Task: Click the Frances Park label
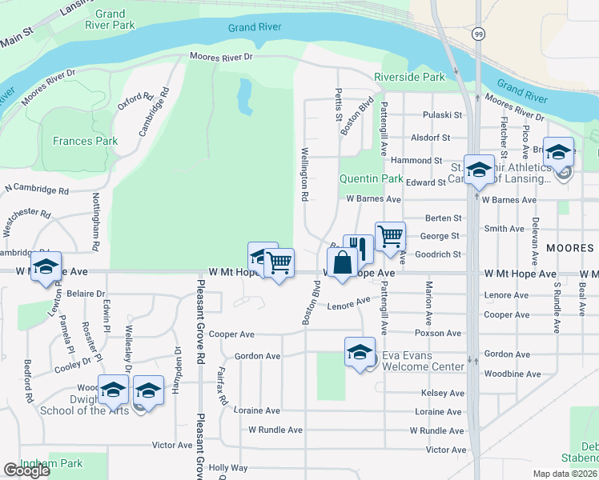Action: [x=85, y=141]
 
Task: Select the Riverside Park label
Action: [x=408, y=78]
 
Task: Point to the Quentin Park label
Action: [x=371, y=178]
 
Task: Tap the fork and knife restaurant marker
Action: [x=359, y=249]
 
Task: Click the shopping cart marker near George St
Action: [x=390, y=236]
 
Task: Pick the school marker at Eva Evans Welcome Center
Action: [x=360, y=351]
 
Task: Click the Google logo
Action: [x=26, y=470]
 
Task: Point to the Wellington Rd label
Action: [x=305, y=174]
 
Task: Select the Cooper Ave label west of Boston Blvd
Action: [x=232, y=334]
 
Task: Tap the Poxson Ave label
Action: [x=438, y=333]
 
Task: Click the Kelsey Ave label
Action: [x=442, y=394]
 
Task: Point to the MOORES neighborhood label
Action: [x=570, y=248]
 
